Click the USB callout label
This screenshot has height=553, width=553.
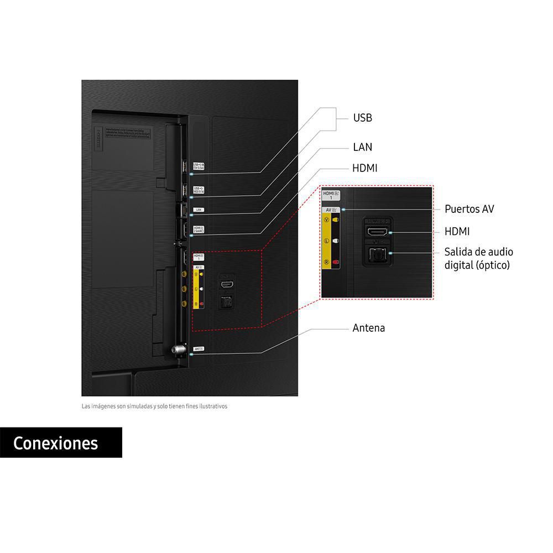click(362, 118)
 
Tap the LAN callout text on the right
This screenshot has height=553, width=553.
click(362, 147)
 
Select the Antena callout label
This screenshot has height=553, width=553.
click(368, 328)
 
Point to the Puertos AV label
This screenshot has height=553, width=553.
click(469, 209)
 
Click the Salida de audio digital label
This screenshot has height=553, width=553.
click(477, 258)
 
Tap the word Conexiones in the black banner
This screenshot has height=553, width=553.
click(56, 443)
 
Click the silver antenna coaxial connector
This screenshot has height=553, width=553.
click(177, 349)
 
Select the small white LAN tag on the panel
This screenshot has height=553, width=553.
click(199, 210)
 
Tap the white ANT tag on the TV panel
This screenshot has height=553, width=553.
click(199, 349)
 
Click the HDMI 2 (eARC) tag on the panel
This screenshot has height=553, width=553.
click(199, 229)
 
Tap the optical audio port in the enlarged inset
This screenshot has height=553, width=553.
click(378, 255)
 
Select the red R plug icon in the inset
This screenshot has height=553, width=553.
click(335, 263)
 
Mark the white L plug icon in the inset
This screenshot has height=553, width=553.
click(335, 242)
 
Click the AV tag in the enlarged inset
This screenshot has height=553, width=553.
click(332, 210)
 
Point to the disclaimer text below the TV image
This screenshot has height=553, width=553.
click(154, 406)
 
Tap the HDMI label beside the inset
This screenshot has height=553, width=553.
click(457, 232)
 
